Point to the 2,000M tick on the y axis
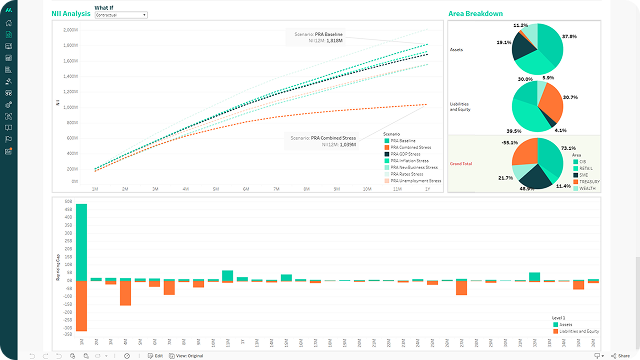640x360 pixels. tap(71, 30)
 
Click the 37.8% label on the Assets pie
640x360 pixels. tap(569, 36)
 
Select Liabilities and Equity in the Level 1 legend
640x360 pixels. tap(576, 330)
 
